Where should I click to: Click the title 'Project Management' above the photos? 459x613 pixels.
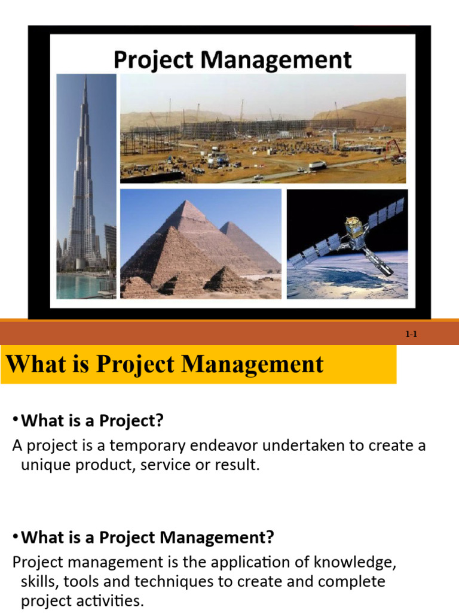click(232, 60)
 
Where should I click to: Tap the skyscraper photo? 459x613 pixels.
click(86, 186)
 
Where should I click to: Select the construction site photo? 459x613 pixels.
click(263, 128)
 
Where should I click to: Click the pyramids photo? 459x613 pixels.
click(200, 244)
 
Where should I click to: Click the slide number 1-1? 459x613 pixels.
click(411, 335)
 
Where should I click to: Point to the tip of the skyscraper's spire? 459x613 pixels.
click(85, 77)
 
